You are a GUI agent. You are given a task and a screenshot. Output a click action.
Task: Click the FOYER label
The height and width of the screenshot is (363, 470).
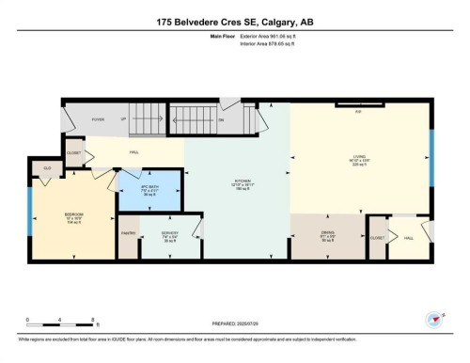point(97,120)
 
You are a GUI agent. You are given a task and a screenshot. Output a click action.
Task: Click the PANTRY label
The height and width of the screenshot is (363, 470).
point(128,232)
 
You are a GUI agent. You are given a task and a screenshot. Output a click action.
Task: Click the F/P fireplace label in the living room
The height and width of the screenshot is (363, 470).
point(358,111)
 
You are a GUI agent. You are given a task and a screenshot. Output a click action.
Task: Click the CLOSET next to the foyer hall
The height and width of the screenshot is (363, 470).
point(74,152)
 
